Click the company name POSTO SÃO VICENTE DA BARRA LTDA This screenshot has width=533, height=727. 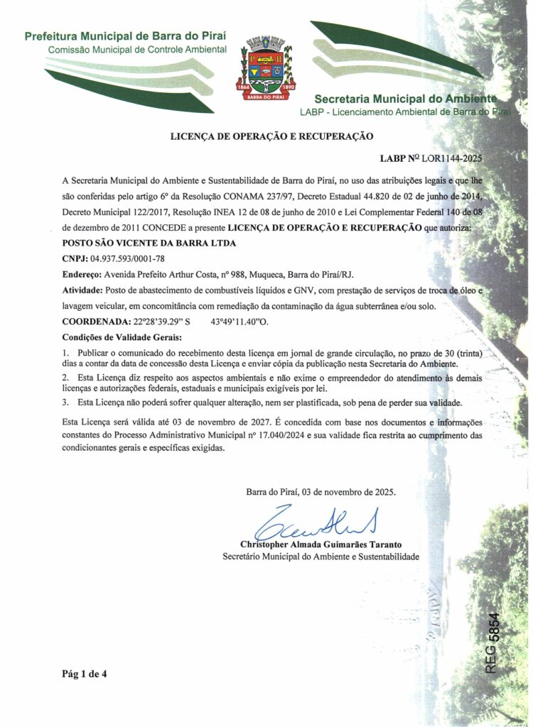pos(149,243)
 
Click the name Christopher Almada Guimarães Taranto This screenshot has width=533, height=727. pos(321,545)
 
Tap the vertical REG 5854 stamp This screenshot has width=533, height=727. pos(492,643)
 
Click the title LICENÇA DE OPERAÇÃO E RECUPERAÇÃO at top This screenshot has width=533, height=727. pos(271,135)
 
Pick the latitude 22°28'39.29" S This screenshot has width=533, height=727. pos(163,321)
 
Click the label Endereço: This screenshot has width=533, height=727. pos(82,274)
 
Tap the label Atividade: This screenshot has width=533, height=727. pos(82,290)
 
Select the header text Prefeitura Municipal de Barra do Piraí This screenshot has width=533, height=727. pos(126,36)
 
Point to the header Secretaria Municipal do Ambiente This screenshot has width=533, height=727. pos(404,99)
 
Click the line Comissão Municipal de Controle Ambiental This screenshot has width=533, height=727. pos(137,50)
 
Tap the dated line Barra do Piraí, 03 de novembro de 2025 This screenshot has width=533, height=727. pos(321,491)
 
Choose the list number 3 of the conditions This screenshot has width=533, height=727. pos(65,403)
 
